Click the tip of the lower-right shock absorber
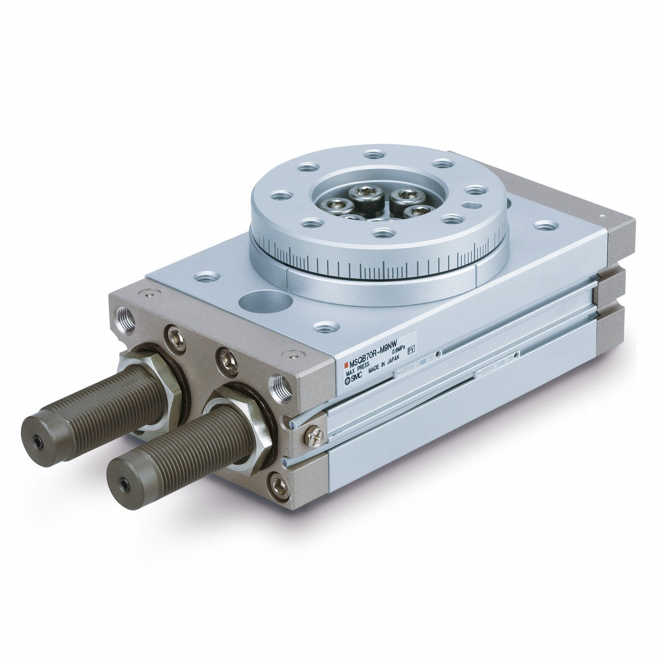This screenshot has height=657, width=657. click(x=124, y=483)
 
